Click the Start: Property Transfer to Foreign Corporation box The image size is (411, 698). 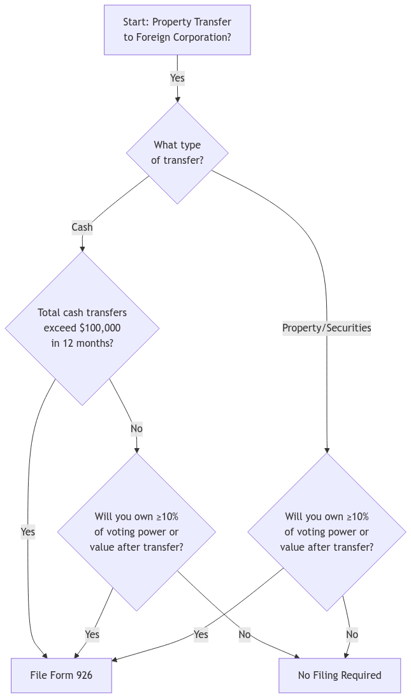coord(177,30)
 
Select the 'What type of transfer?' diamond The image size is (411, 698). coord(177,153)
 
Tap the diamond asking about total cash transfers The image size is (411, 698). coord(82,328)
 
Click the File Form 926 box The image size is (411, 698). coord(61,675)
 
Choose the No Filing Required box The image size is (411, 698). coord(340,675)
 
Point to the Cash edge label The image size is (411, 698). coord(82,228)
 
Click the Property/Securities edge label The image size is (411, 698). coord(327,328)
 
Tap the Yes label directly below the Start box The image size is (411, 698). coord(177,78)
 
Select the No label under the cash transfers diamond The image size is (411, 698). coord(136,429)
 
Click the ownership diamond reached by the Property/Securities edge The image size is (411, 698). coord(327,532)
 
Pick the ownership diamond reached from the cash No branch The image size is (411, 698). coord(137,532)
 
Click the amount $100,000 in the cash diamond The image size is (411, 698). coord(99,328)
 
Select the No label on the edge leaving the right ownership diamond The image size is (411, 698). coord(352,635)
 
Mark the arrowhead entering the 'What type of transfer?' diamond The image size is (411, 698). coord(177,99)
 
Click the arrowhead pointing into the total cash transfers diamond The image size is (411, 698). coord(82,248)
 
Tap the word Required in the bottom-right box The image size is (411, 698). coord(359,675)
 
